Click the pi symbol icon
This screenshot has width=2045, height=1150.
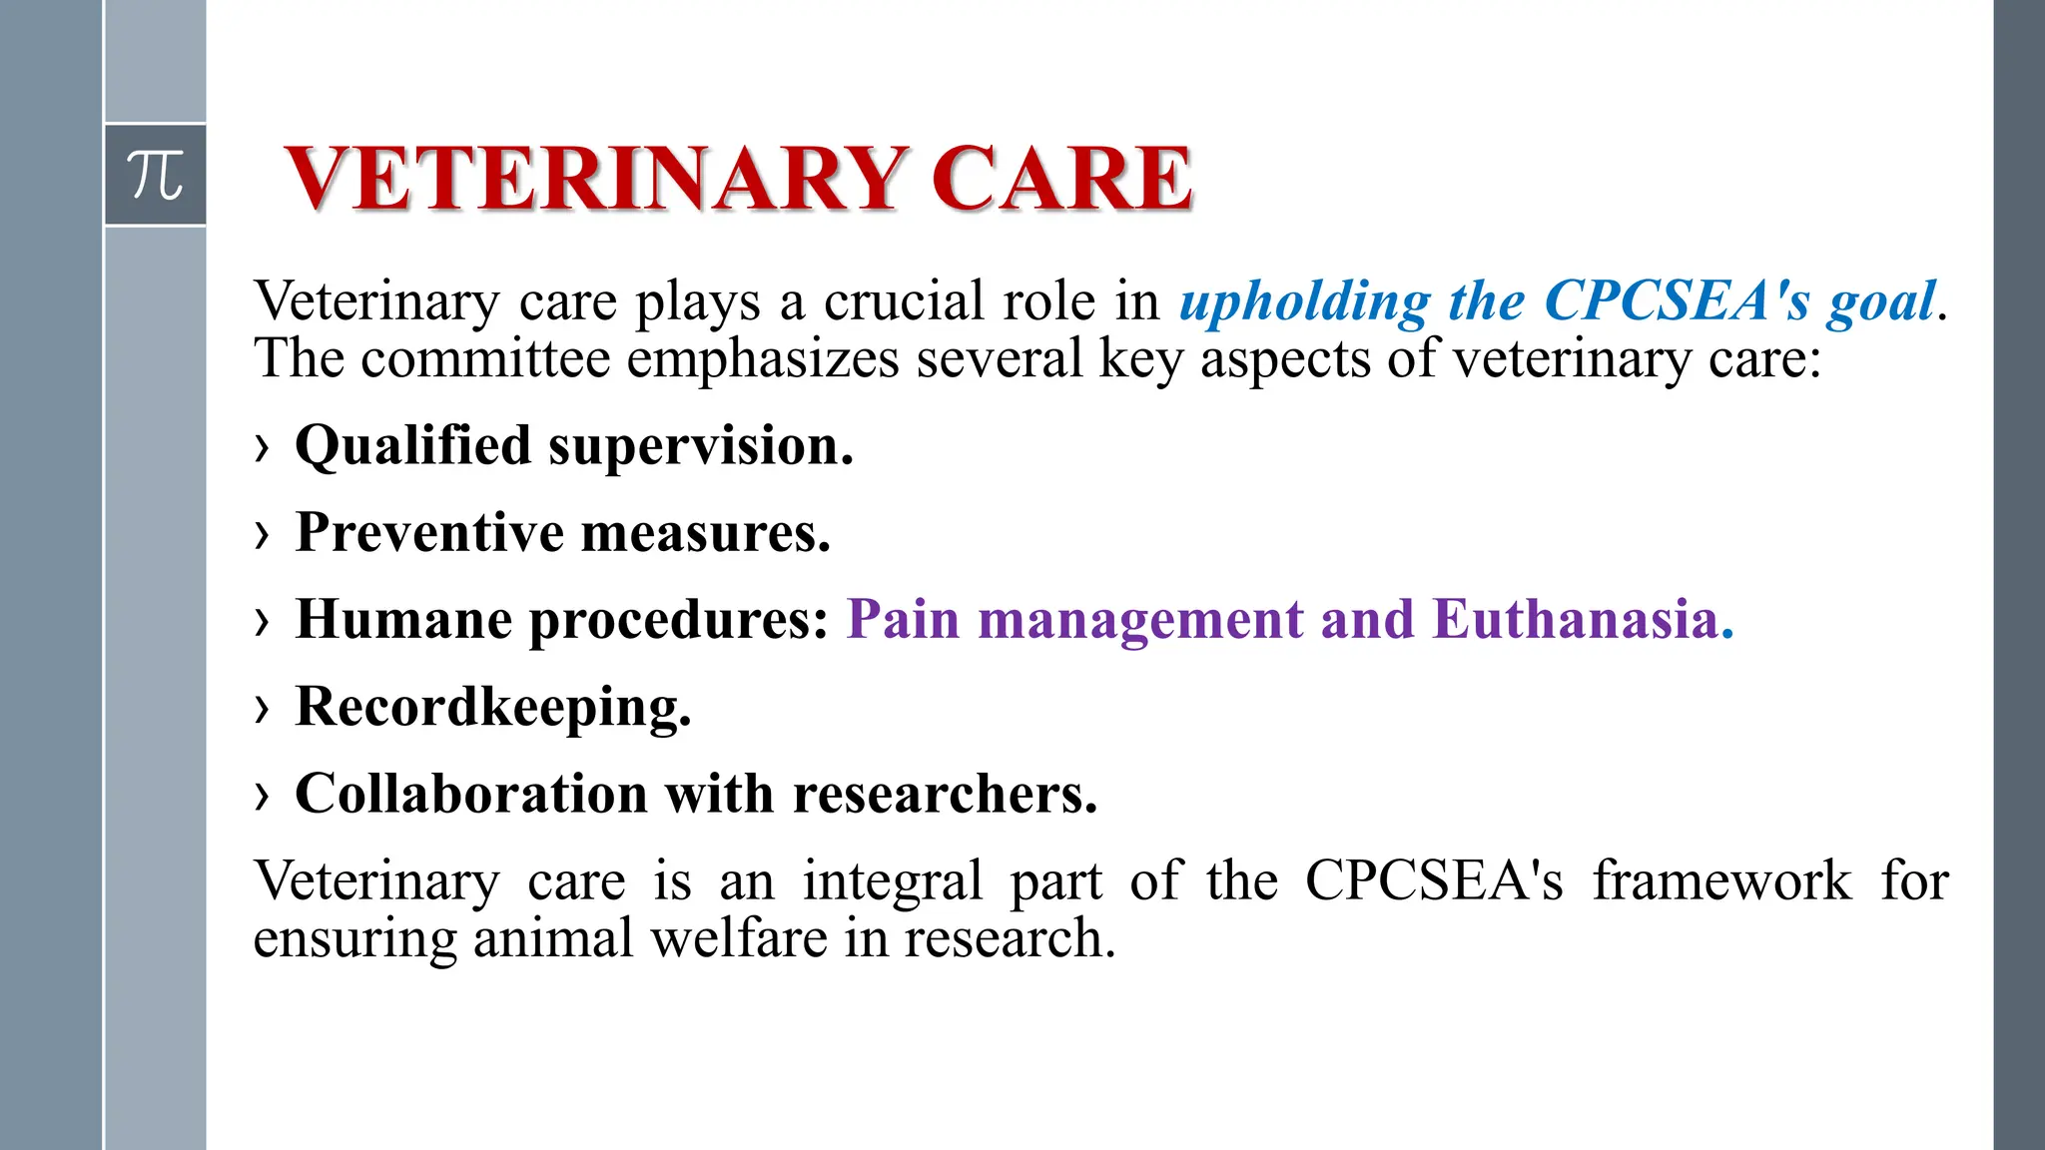point(155,175)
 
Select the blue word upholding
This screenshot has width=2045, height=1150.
point(1304,301)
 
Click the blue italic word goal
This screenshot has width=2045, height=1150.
point(1881,301)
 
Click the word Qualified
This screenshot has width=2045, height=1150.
point(412,446)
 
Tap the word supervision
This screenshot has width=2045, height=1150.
point(701,446)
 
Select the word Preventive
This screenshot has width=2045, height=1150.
point(430,532)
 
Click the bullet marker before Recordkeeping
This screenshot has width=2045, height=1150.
point(263,709)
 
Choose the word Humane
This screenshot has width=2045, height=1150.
point(403,619)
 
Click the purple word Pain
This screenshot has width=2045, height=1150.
point(903,619)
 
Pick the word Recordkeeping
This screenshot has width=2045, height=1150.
point(493,708)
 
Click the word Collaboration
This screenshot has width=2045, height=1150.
point(471,794)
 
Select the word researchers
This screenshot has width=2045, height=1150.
point(945,794)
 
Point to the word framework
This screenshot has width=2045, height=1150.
point(1721,880)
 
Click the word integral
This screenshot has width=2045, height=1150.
point(893,880)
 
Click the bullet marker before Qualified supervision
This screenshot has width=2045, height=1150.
point(263,447)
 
